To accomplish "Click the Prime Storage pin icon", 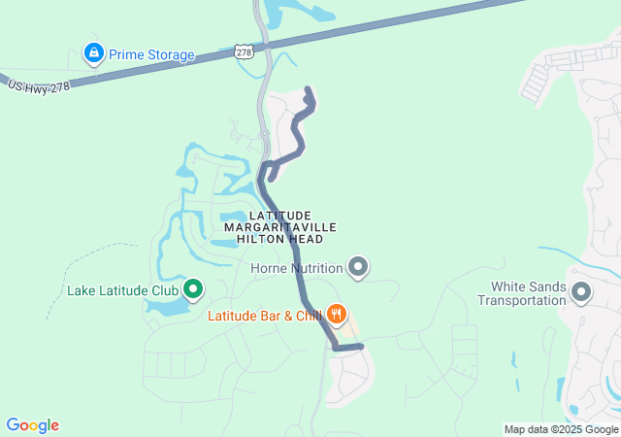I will pos(93,53).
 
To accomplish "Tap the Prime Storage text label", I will pos(151,54).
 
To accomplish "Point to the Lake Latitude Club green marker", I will pos(192,288).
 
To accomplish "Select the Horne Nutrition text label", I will pos(297,268).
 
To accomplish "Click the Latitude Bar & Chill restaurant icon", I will pos(337,314).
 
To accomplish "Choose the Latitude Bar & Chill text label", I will pos(264,315).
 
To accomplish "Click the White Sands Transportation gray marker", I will pos(580,291).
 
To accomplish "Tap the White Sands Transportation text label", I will pos(528,293).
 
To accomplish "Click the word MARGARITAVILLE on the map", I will pos(280,226).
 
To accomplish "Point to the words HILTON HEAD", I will pos(280,239).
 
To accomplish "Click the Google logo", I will pos(32,425).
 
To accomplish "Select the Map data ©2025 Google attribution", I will pos(561,429).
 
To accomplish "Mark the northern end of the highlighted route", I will pos(309,90).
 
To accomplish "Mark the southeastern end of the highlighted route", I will pos(360,346).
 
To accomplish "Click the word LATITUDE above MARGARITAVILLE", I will pos(280,215).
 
